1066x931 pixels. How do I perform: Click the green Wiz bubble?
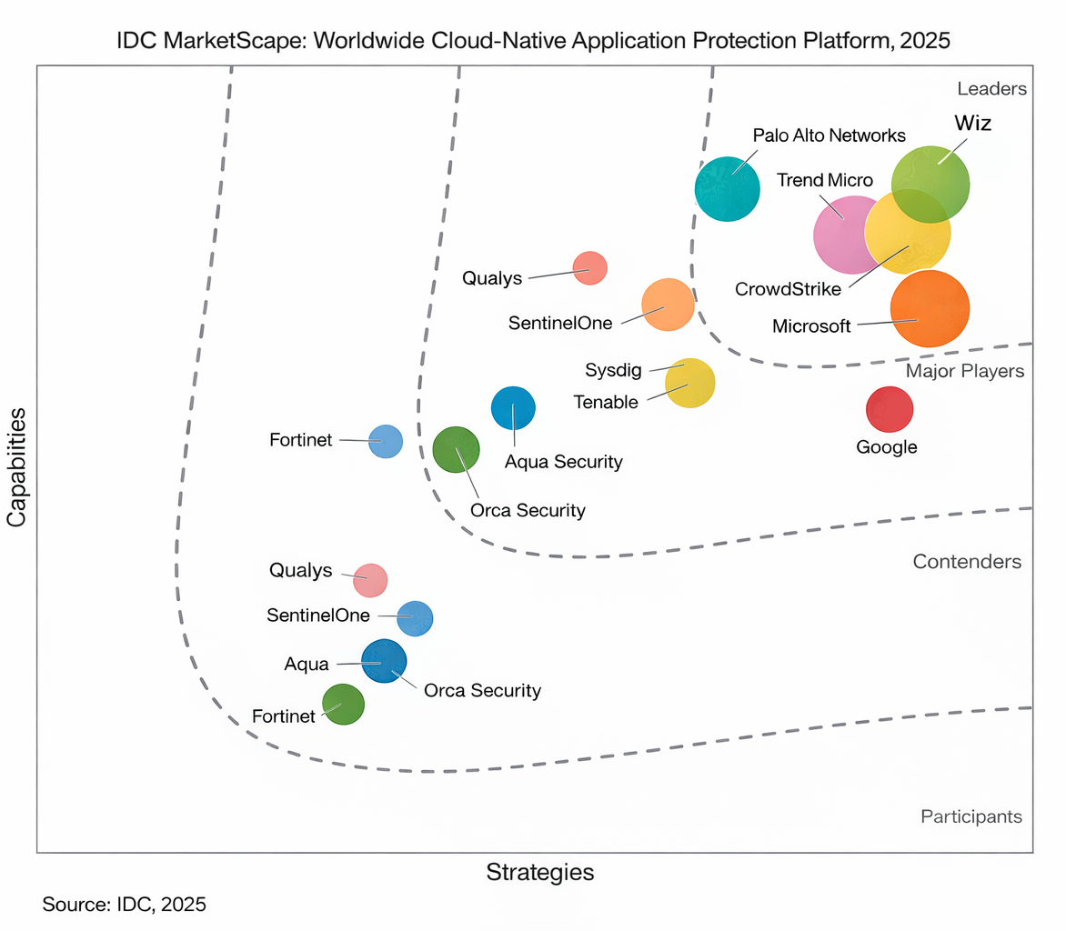(x=930, y=184)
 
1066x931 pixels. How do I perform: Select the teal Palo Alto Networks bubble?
(x=727, y=188)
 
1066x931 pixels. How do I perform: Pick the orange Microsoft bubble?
(x=930, y=308)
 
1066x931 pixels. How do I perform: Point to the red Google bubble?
(x=889, y=409)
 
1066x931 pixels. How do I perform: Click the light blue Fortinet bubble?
(x=386, y=441)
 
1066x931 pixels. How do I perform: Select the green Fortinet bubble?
(x=343, y=705)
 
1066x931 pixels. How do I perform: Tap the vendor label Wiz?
(x=972, y=124)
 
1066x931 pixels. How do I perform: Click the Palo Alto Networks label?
(x=830, y=135)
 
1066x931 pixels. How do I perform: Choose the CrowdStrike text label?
(x=788, y=289)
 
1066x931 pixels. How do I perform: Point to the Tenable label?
(x=606, y=402)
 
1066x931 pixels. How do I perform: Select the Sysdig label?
(x=612, y=370)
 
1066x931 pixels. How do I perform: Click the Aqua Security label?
(x=564, y=462)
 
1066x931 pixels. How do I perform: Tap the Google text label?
(x=887, y=447)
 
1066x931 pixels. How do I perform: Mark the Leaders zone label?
(x=991, y=89)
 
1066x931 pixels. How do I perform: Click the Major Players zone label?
(x=965, y=371)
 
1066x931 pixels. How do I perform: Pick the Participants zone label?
(x=970, y=816)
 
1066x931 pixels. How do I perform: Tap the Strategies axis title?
(x=540, y=873)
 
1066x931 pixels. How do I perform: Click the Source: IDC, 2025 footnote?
(x=125, y=905)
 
